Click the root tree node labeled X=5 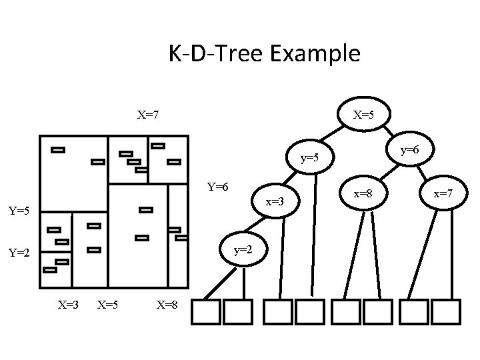tap(364, 115)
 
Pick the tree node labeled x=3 tap(275, 201)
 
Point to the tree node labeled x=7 tap(443, 194)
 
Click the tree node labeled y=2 tap(243, 249)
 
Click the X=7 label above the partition tap(147, 115)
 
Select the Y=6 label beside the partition tap(218, 187)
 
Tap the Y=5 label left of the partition tap(19, 211)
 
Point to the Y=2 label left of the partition tap(19, 253)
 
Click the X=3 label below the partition tap(68, 305)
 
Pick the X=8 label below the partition tap(167, 305)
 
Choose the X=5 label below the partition tap(108, 305)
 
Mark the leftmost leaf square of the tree tap(205, 311)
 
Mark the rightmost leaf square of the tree tap(445, 311)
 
